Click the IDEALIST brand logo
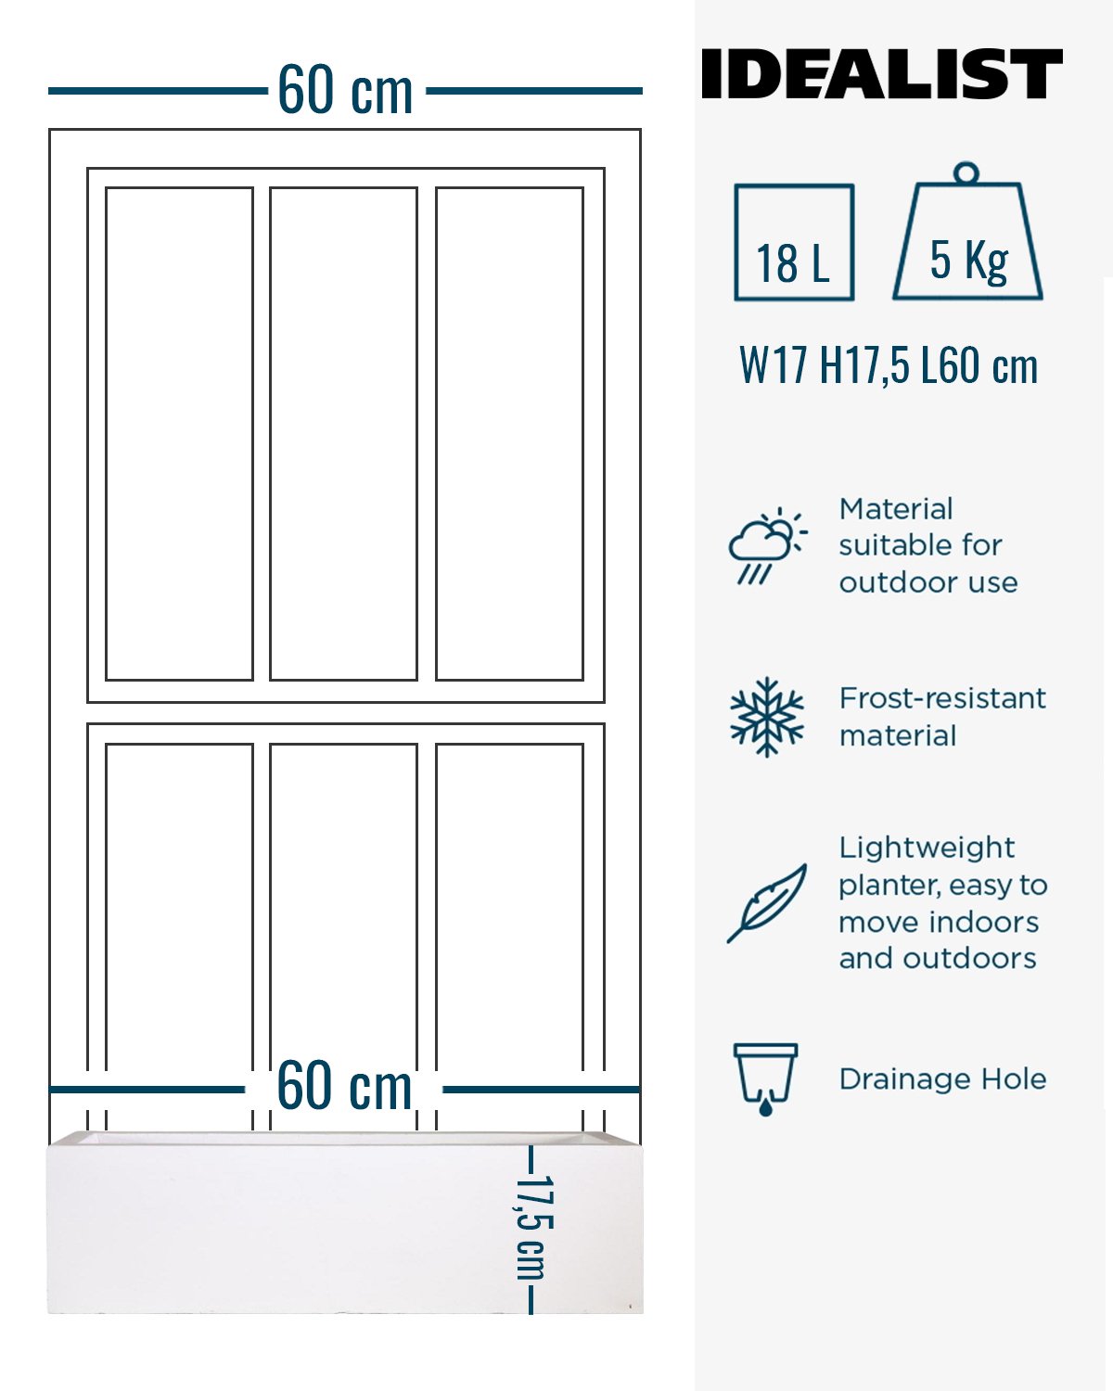pyautogui.click(x=881, y=73)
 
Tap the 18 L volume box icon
pyautogui.click(x=794, y=242)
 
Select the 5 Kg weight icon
pyautogui.click(x=967, y=231)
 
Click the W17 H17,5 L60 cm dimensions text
pyautogui.click(x=889, y=366)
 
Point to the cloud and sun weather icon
pyautogui.click(x=768, y=545)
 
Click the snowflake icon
pyautogui.click(x=767, y=717)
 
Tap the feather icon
pyautogui.click(x=767, y=903)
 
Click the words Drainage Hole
pyautogui.click(x=942, y=1079)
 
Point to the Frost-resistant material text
pyautogui.click(x=942, y=717)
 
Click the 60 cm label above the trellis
pyautogui.click(x=345, y=90)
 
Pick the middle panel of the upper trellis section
pyautogui.click(x=343, y=434)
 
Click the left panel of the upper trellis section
pyautogui.click(x=179, y=434)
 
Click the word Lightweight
pyautogui.click(x=927, y=849)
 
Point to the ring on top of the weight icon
pyautogui.click(x=966, y=172)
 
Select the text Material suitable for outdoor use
pyautogui.click(x=928, y=545)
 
